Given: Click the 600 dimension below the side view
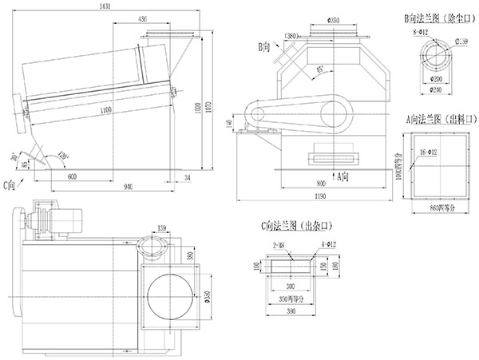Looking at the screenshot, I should point(73,176).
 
